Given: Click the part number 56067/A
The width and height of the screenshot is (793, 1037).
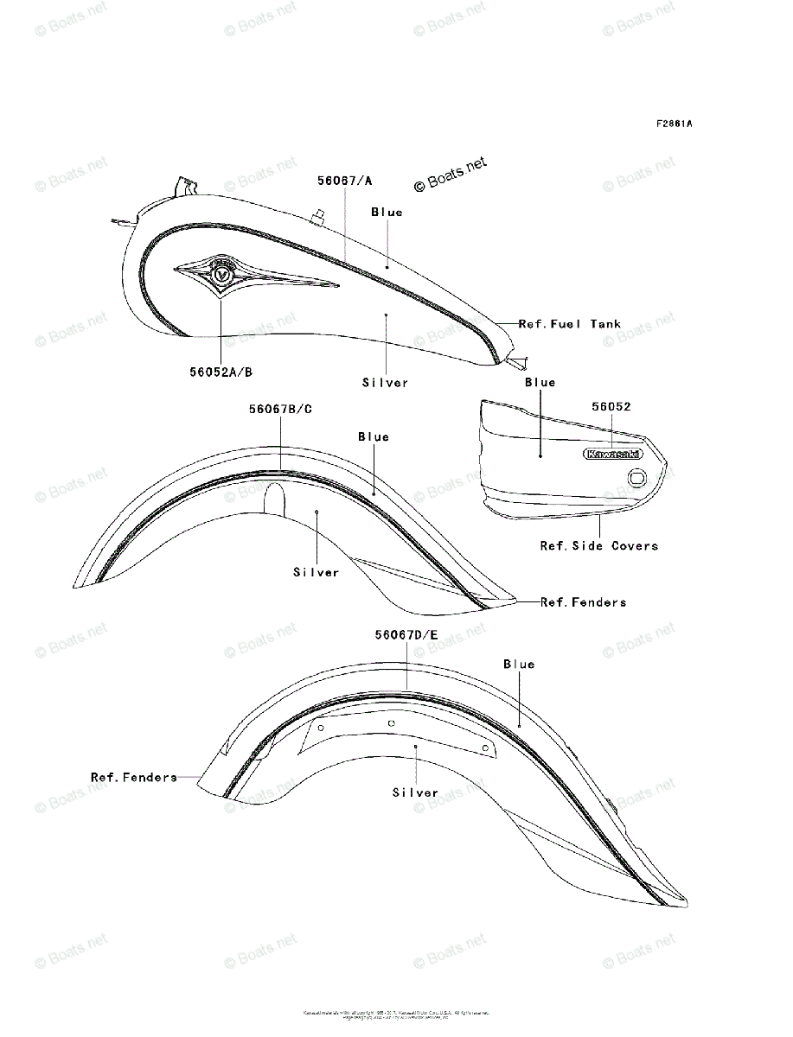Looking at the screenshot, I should (x=344, y=181).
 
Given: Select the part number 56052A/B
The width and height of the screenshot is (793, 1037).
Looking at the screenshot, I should (x=221, y=372).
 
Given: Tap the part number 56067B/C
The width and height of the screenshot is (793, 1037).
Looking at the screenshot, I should (x=281, y=409).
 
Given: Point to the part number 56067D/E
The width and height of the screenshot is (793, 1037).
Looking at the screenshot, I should (x=406, y=635).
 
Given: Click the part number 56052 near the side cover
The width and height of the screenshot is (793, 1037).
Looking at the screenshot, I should (x=612, y=405).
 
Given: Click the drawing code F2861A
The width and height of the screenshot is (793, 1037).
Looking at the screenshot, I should (x=674, y=124).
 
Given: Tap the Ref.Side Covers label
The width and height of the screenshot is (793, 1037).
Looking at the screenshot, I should (x=599, y=546).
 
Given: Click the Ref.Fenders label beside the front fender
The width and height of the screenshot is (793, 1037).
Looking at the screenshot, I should (x=583, y=602).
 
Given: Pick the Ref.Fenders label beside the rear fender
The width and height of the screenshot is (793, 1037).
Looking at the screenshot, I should (x=134, y=778).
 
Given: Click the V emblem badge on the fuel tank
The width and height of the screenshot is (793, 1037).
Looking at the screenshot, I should (x=222, y=274).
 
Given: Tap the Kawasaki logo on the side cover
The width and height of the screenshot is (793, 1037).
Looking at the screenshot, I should (x=612, y=454).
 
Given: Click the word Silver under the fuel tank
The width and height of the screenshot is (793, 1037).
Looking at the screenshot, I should (x=385, y=382).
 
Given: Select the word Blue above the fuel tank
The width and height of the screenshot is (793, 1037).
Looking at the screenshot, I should (x=387, y=213).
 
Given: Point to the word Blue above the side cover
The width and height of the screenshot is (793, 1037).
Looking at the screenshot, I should (x=540, y=382).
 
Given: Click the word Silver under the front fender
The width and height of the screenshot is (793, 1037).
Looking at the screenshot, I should (x=317, y=572).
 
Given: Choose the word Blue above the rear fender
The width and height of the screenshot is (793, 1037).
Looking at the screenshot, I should (x=519, y=665).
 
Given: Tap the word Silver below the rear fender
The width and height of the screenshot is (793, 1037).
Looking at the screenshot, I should (x=415, y=792).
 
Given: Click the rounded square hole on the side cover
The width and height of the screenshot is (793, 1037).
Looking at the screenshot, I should (x=637, y=476).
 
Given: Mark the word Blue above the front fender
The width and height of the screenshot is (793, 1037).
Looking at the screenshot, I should (x=374, y=437).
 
